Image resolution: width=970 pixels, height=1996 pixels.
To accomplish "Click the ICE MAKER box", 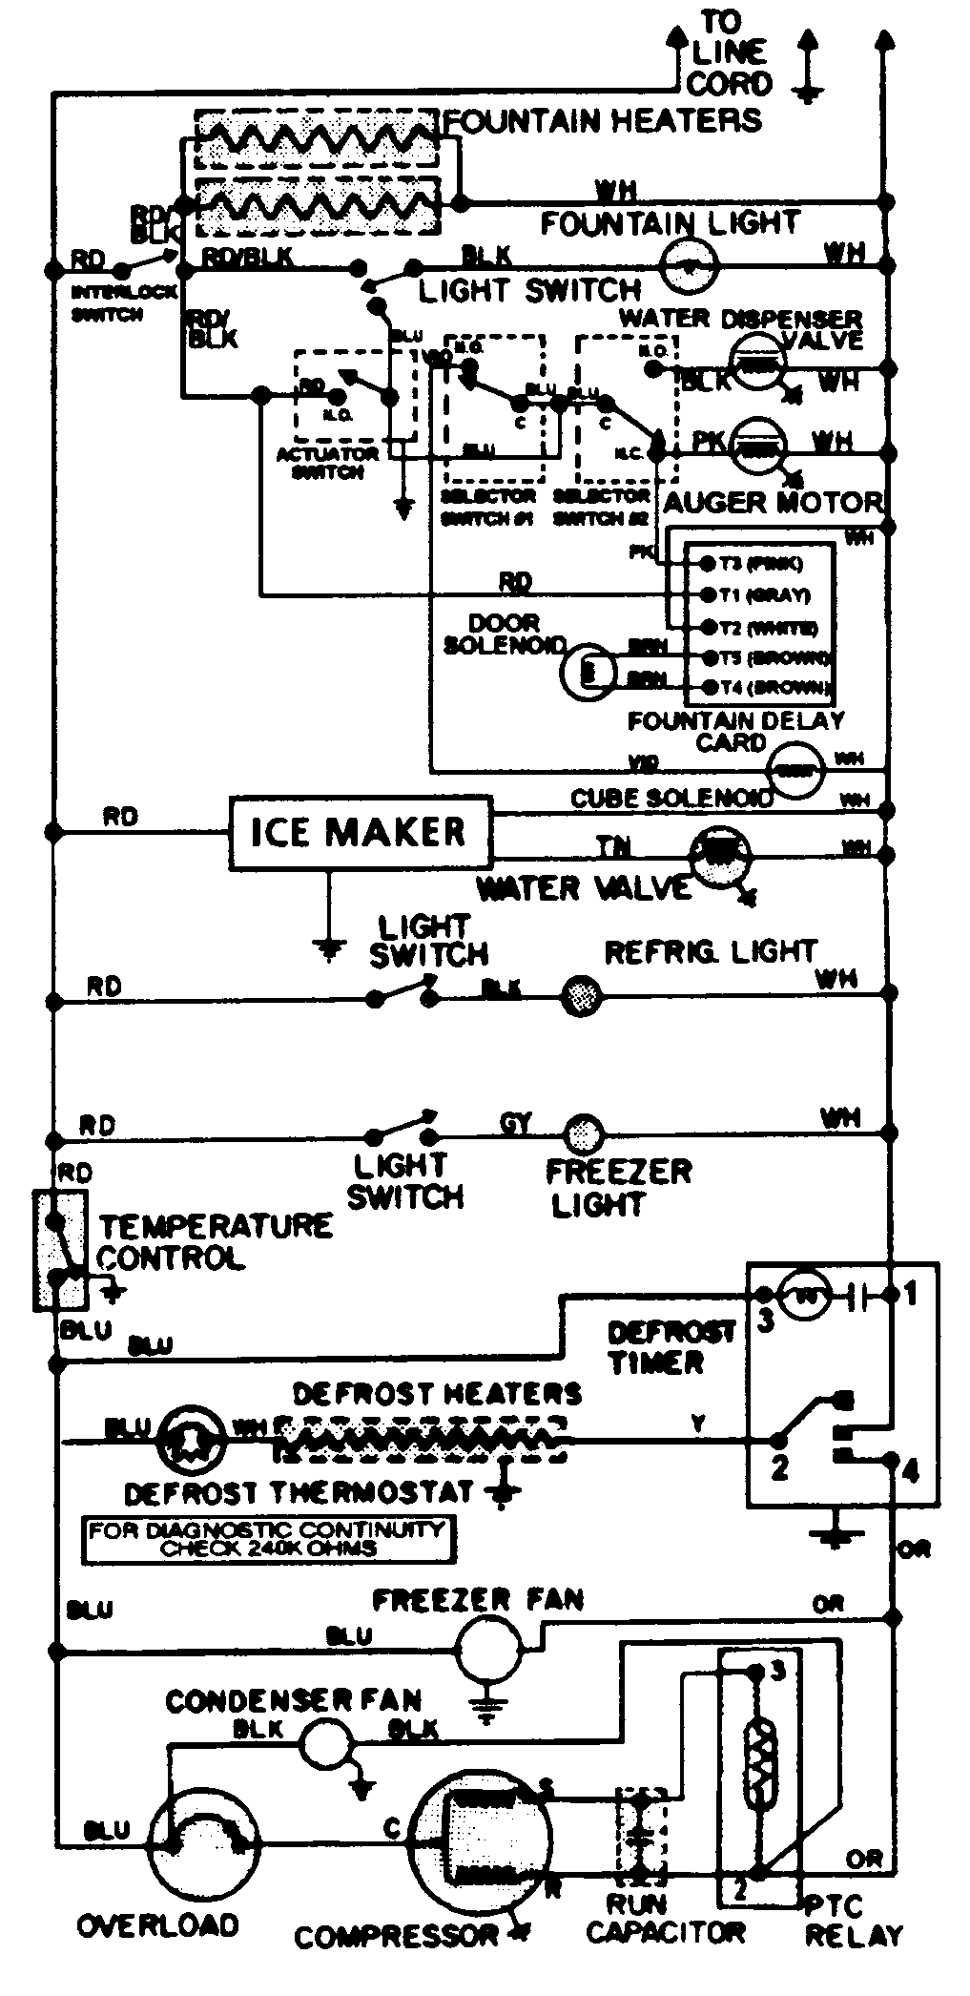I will [x=359, y=832].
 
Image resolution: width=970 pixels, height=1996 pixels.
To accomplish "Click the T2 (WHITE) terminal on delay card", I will [x=709, y=626].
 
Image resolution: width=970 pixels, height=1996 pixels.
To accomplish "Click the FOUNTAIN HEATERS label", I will [x=604, y=121].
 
